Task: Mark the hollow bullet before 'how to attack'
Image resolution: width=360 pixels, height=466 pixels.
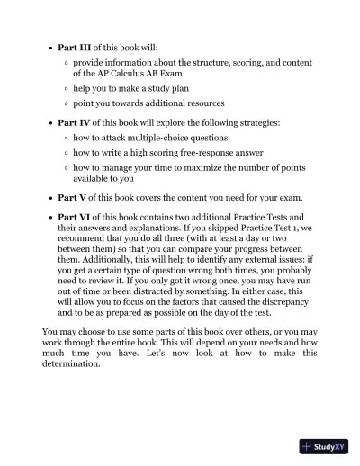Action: click(x=67, y=138)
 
